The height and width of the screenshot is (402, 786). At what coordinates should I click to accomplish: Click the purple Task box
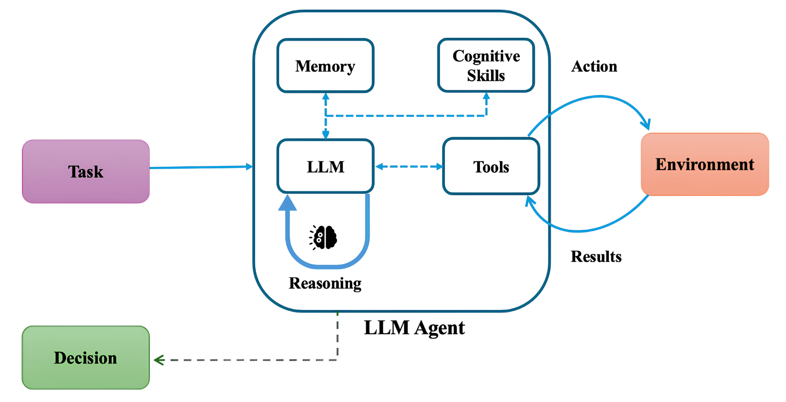point(86,171)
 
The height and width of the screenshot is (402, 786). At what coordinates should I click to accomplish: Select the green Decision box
point(86,358)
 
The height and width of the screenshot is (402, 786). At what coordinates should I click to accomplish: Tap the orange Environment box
point(705,164)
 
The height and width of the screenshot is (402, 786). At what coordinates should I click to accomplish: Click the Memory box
point(325,65)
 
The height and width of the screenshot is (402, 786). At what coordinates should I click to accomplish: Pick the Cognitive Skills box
point(486,65)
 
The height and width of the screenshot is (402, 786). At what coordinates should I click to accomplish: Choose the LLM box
point(325,166)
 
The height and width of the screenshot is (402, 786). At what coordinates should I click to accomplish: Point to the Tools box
point(491,166)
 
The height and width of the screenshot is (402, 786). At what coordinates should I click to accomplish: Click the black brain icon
point(323,237)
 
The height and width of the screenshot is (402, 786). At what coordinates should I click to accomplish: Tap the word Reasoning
point(325,283)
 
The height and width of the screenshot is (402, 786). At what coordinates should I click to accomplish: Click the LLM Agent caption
point(414,328)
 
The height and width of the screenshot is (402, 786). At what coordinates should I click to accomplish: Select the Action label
point(594,66)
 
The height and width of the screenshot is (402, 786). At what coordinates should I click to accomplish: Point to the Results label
point(596,256)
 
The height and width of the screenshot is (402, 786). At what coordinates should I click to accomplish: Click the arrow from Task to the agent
point(201,167)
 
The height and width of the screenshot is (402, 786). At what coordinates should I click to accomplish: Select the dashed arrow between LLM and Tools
point(409,166)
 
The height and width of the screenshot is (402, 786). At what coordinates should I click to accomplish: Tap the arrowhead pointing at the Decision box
point(159,360)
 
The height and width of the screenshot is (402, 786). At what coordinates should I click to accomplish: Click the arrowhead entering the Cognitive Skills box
point(486,96)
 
